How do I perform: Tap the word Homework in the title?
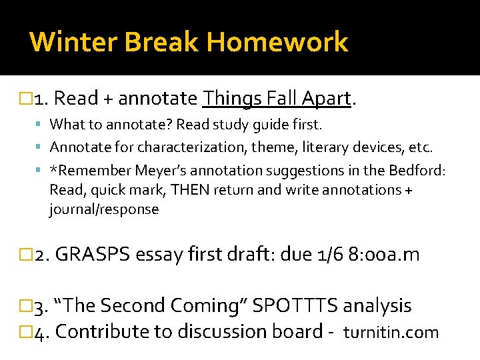point(277,42)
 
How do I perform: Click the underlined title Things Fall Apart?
point(277,99)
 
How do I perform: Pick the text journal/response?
point(104,209)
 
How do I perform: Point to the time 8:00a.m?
point(384,255)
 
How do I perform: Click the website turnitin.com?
point(391,332)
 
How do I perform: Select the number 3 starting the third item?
point(39,307)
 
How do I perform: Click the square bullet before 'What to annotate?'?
point(41,124)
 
